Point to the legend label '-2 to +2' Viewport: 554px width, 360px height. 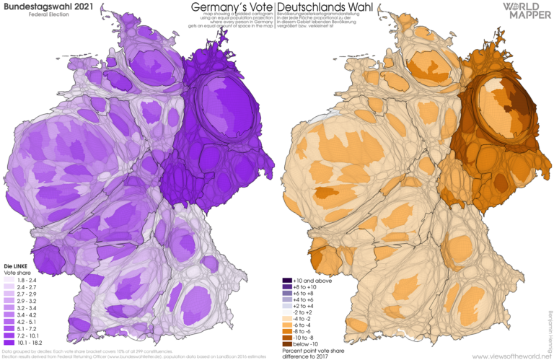pos(307,310)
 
